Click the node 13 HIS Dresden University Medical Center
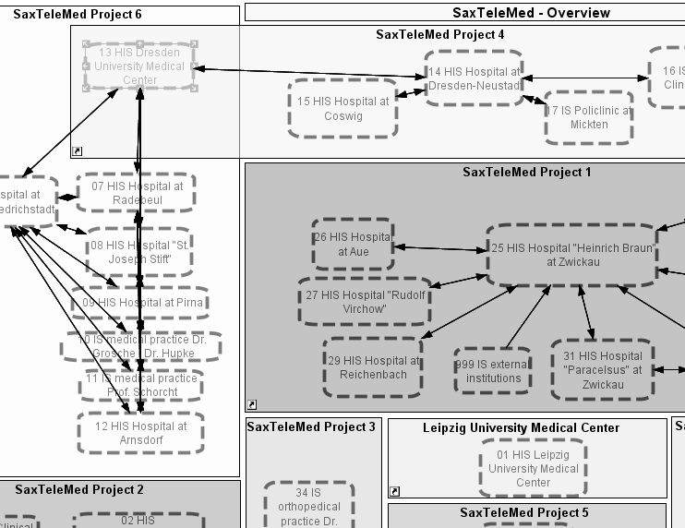pyautogui.click(x=139, y=66)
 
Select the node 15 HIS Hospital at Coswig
pyautogui.click(x=342, y=109)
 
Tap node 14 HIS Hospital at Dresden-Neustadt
pyautogui.click(x=474, y=78)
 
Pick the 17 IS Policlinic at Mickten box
pyautogui.click(x=589, y=117)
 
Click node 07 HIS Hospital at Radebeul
pyautogui.click(x=137, y=192)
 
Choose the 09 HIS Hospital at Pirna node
pyautogui.click(x=141, y=302)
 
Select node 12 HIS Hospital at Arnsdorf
pyautogui.click(x=140, y=433)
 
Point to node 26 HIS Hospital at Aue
pyautogui.click(x=353, y=244)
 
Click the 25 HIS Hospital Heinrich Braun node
pyautogui.click(x=572, y=254)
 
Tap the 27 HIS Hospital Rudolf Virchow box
pyautogui.click(x=364, y=302)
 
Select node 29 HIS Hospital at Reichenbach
pyautogui.click(x=373, y=367)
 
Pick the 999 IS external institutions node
pyautogui.click(x=493, y=371)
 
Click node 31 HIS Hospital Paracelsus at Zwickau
pyautogui.click(x=602, y=369)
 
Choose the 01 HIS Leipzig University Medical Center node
pyautogui.click(x=533, y=468)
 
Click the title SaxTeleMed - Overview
pyautogui.click(x=531, y=13)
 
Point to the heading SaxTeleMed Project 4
pyautogui.click(x=440, y=34)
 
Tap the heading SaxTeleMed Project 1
pyautogui.click(x=527, y=172)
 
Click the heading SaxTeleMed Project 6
pyautogui.click(x=78, y=14)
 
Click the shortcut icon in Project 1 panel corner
pyautogui.click(x=252, y=404)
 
